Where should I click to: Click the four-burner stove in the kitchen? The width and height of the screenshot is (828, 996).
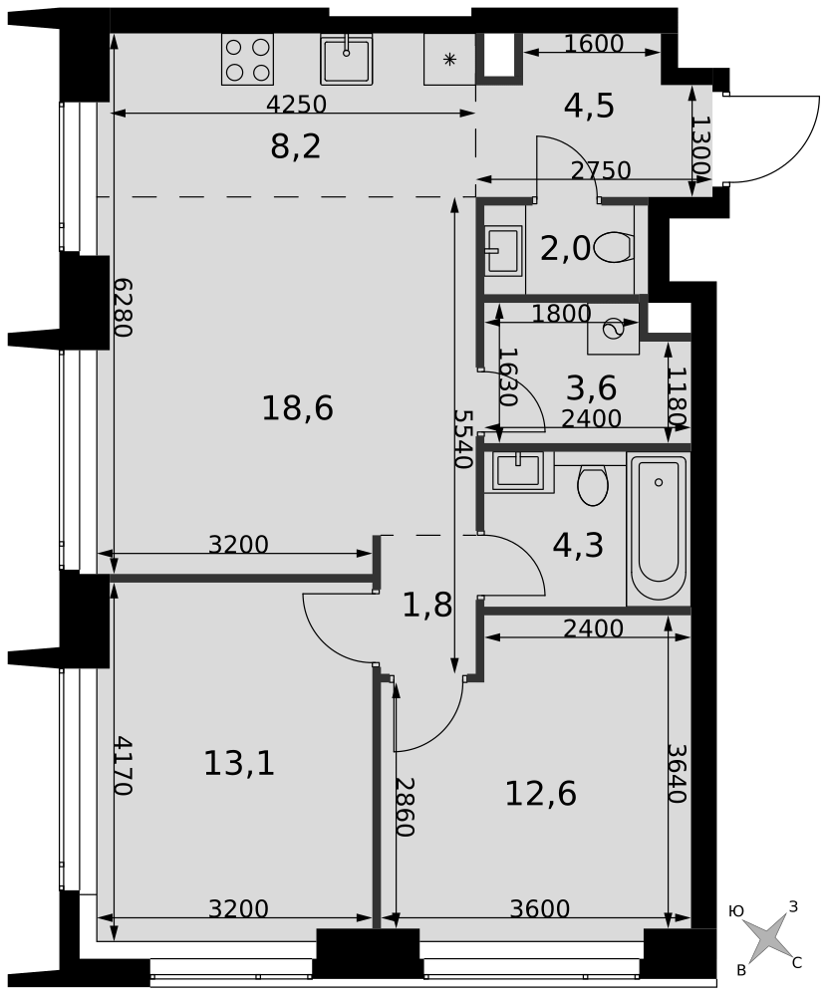pos(247,59)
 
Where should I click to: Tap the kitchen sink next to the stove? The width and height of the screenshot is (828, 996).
pos(346,59)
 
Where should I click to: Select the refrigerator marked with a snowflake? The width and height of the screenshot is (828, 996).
pos(450,59)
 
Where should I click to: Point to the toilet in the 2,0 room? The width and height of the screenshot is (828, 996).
pos(615,247)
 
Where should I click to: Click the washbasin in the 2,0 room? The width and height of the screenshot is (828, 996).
pos(504,250)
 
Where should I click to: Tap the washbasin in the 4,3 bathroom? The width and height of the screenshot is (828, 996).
pos(518,472)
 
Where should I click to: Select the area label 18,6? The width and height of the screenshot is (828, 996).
pos(297,407)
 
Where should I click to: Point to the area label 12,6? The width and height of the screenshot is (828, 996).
pos(541,793)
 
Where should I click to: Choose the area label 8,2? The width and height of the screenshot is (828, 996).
pos(296,146)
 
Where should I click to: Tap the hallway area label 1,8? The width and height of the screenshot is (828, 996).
pos(427,606)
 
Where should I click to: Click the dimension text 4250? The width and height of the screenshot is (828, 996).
pos(296,104)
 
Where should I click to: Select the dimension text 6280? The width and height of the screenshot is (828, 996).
pos(123,308)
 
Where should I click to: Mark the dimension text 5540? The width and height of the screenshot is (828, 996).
pos(463,438)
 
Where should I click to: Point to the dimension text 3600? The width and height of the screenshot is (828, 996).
pos(540,909)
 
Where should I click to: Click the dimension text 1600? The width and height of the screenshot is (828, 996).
pos(594,44)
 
